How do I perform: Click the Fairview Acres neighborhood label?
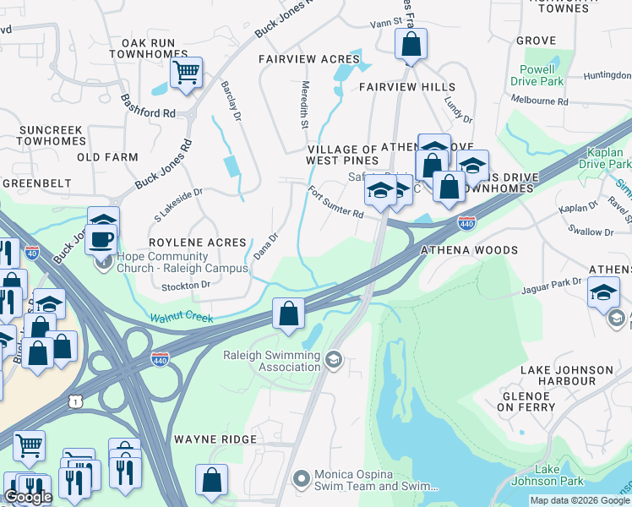pos(308,59)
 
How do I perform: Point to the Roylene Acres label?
pos(197,243)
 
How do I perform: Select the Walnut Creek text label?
pos(183,318)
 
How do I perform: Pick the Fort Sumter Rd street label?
pos(335,203)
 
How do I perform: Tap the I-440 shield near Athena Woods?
pos(466,223)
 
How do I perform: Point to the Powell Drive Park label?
pos(537,75)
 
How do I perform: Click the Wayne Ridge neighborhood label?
pos(215,439)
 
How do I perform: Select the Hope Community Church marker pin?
pos(103,261)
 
